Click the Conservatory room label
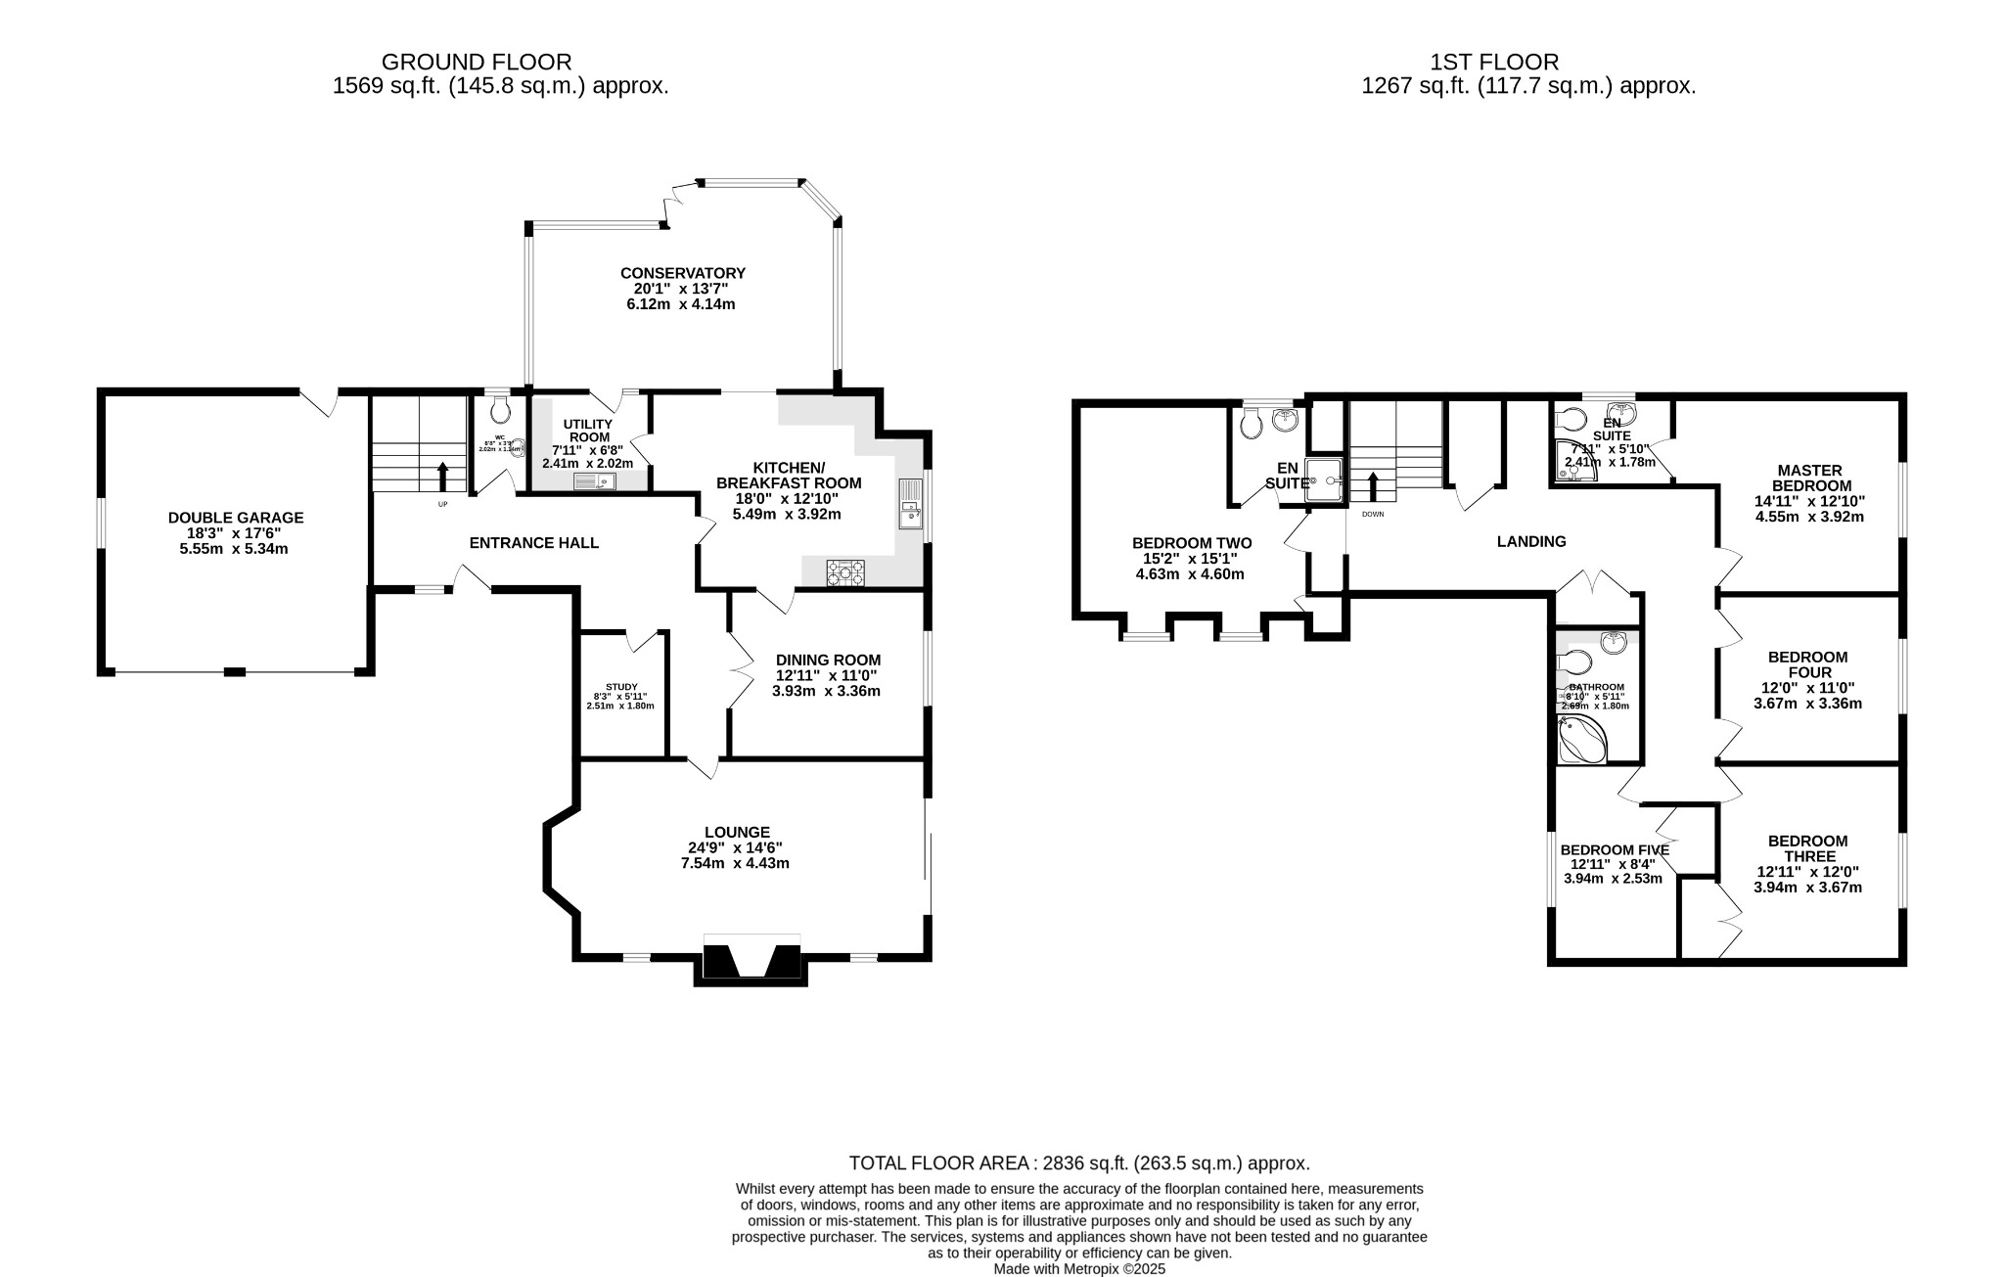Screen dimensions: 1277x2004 tap(682, 273)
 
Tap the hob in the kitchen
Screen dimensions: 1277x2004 tap(846, 572)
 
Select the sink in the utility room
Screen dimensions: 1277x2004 tap(593, 480)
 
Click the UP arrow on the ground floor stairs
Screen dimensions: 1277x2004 tap(442, 476)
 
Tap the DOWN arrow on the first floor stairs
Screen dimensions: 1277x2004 tap(1373, 486)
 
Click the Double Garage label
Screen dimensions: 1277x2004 tap(236, 518)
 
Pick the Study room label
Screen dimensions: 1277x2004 tap(621, 687)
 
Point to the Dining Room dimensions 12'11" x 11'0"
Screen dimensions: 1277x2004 tap(827, 675)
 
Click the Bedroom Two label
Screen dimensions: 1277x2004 tap(1191, 543)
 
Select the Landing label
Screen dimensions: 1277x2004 tap(1531, 541)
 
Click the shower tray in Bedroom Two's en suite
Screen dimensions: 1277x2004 tap(1326, 480)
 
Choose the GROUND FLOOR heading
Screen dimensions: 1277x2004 tap(477, 63)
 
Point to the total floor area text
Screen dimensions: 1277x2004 tap(1078, 1163)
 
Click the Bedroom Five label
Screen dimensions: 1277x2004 tap(1614, 849)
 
